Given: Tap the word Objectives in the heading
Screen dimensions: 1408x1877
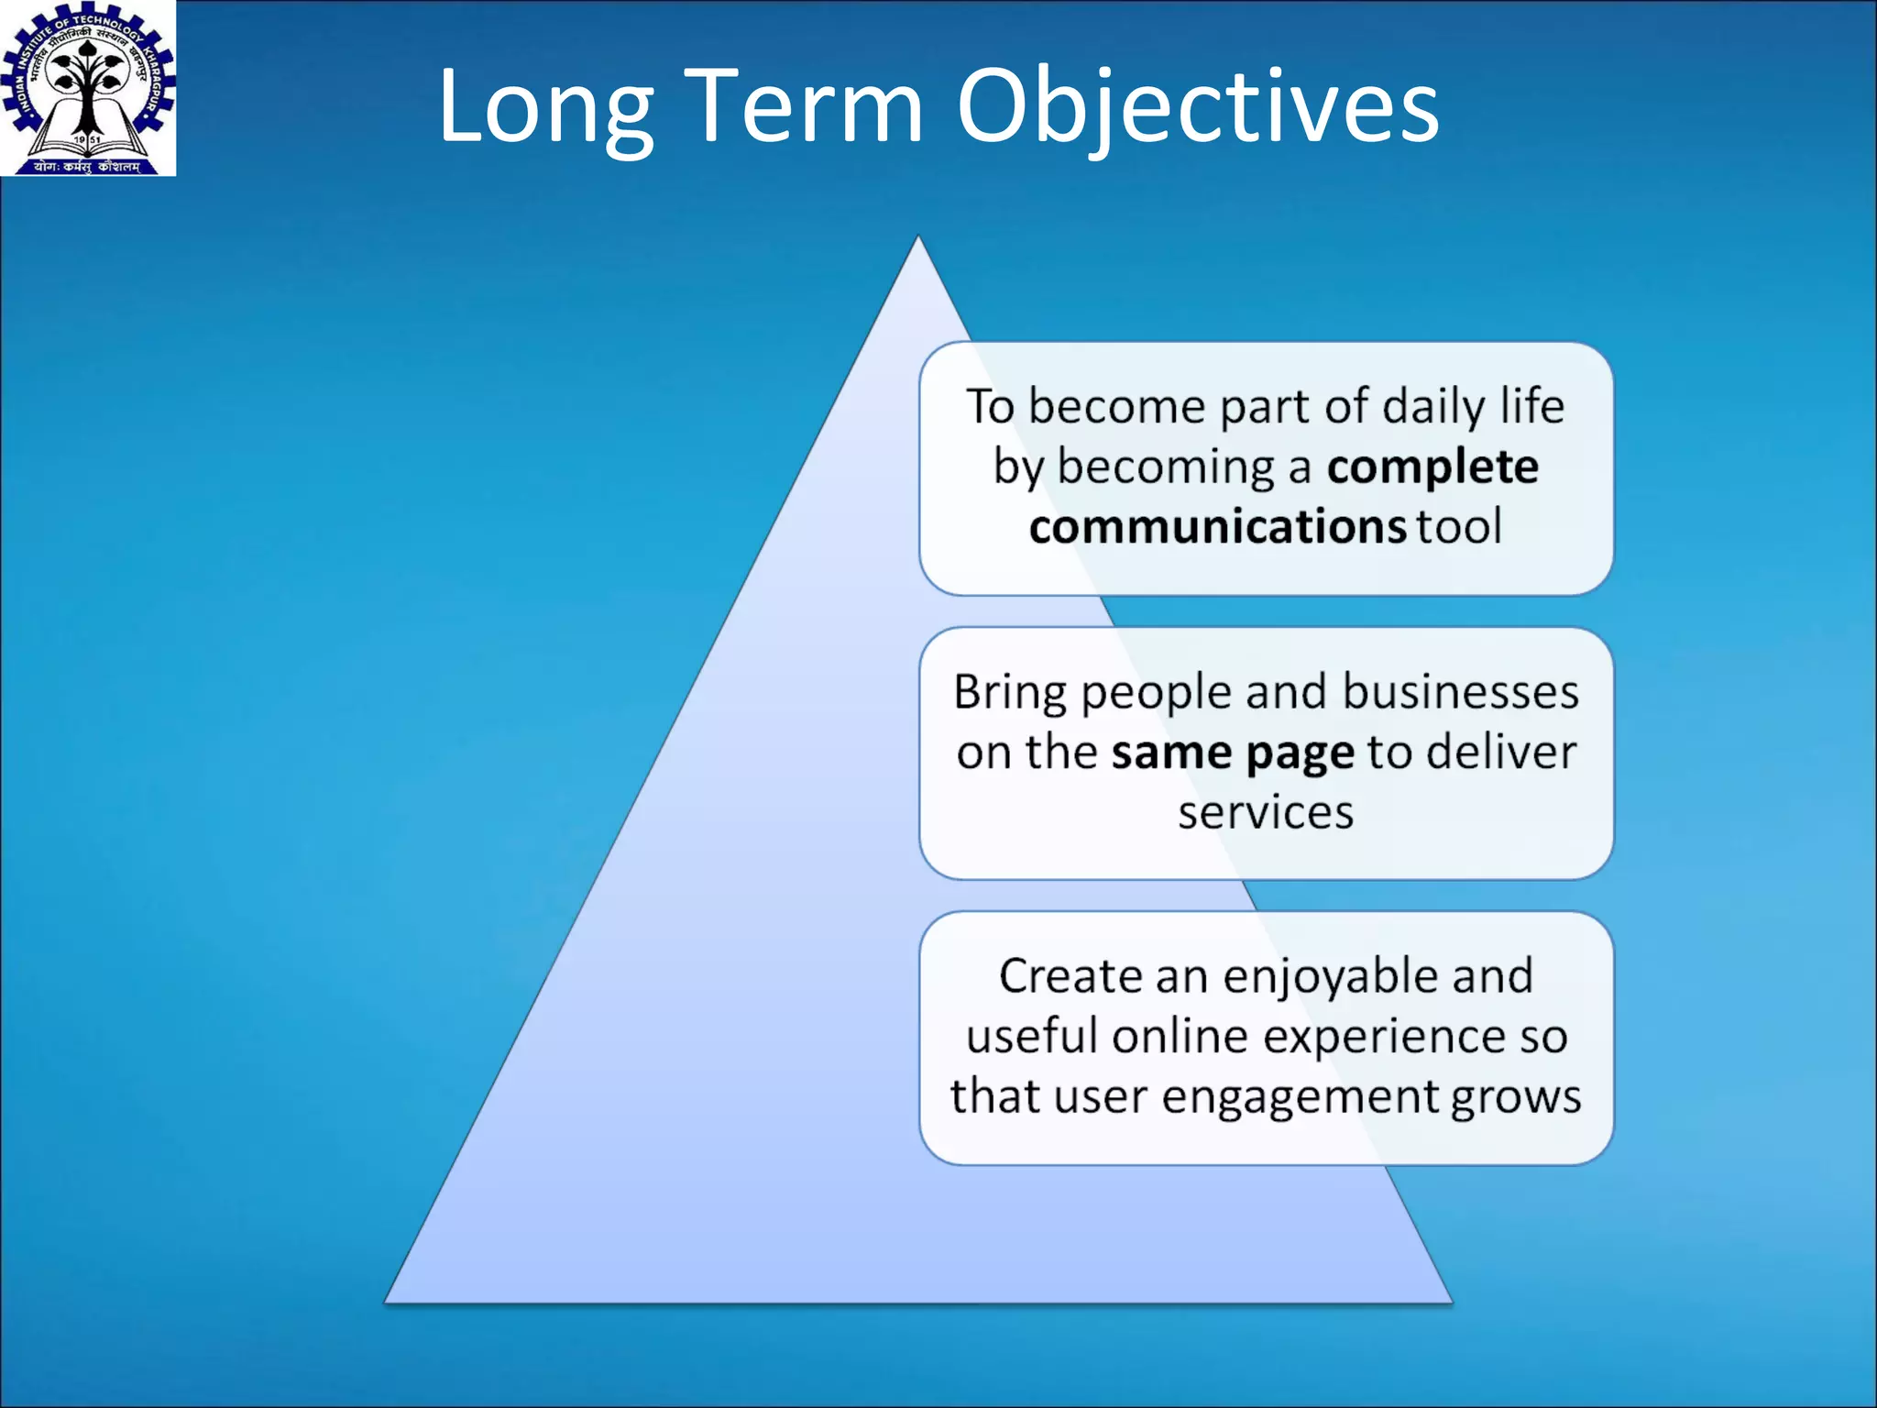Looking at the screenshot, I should click(1197, 108).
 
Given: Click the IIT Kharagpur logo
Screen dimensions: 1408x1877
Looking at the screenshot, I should click(88, 88).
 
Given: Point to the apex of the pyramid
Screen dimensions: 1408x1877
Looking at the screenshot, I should click(918, 240).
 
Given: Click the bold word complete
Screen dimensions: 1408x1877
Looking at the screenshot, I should click(1432, 467).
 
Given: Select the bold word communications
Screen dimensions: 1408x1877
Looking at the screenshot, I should click(1216, 527).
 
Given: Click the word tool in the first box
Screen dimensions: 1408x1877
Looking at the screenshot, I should click(1458, 527).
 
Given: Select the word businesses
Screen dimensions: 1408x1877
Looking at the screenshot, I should click(1460, 692).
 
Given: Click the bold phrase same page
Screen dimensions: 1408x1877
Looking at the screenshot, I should click(1232, 753).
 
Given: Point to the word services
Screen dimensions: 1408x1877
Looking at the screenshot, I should click(1265, 813).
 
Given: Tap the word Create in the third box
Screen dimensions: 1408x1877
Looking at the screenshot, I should click(1070, 976).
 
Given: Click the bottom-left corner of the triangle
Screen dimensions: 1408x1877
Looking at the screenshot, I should click(387, 1300).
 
